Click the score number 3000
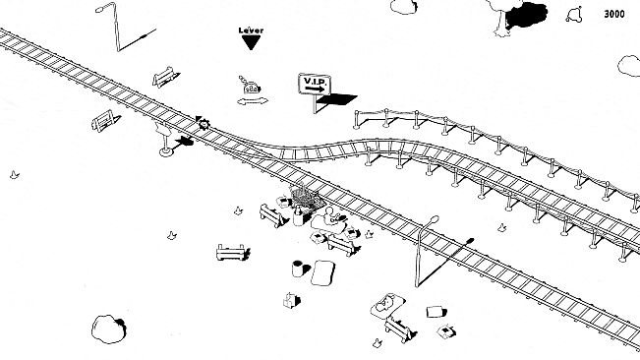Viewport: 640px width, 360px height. (x=613, y=14)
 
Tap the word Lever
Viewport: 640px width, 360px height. (x=251, y=30)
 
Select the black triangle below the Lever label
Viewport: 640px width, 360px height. (x=251, y=42)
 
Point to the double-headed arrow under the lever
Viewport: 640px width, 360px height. (x=252, y=100)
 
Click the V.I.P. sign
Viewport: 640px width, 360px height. (x=315, y=85)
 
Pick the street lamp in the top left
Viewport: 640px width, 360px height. (x=113, y=26)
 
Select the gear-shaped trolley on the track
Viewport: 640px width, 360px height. (x=203, y=123)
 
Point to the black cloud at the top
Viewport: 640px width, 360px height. (x=528, y=15)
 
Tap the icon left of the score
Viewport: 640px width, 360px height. (x=574, y=14)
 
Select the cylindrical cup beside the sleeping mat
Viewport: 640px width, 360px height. (x=296, y=268)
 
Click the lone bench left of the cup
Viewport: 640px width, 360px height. (x=231, y=251)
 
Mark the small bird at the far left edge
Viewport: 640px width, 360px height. (x=14, y=174)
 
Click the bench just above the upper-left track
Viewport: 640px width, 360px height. (x=165, y=77)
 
